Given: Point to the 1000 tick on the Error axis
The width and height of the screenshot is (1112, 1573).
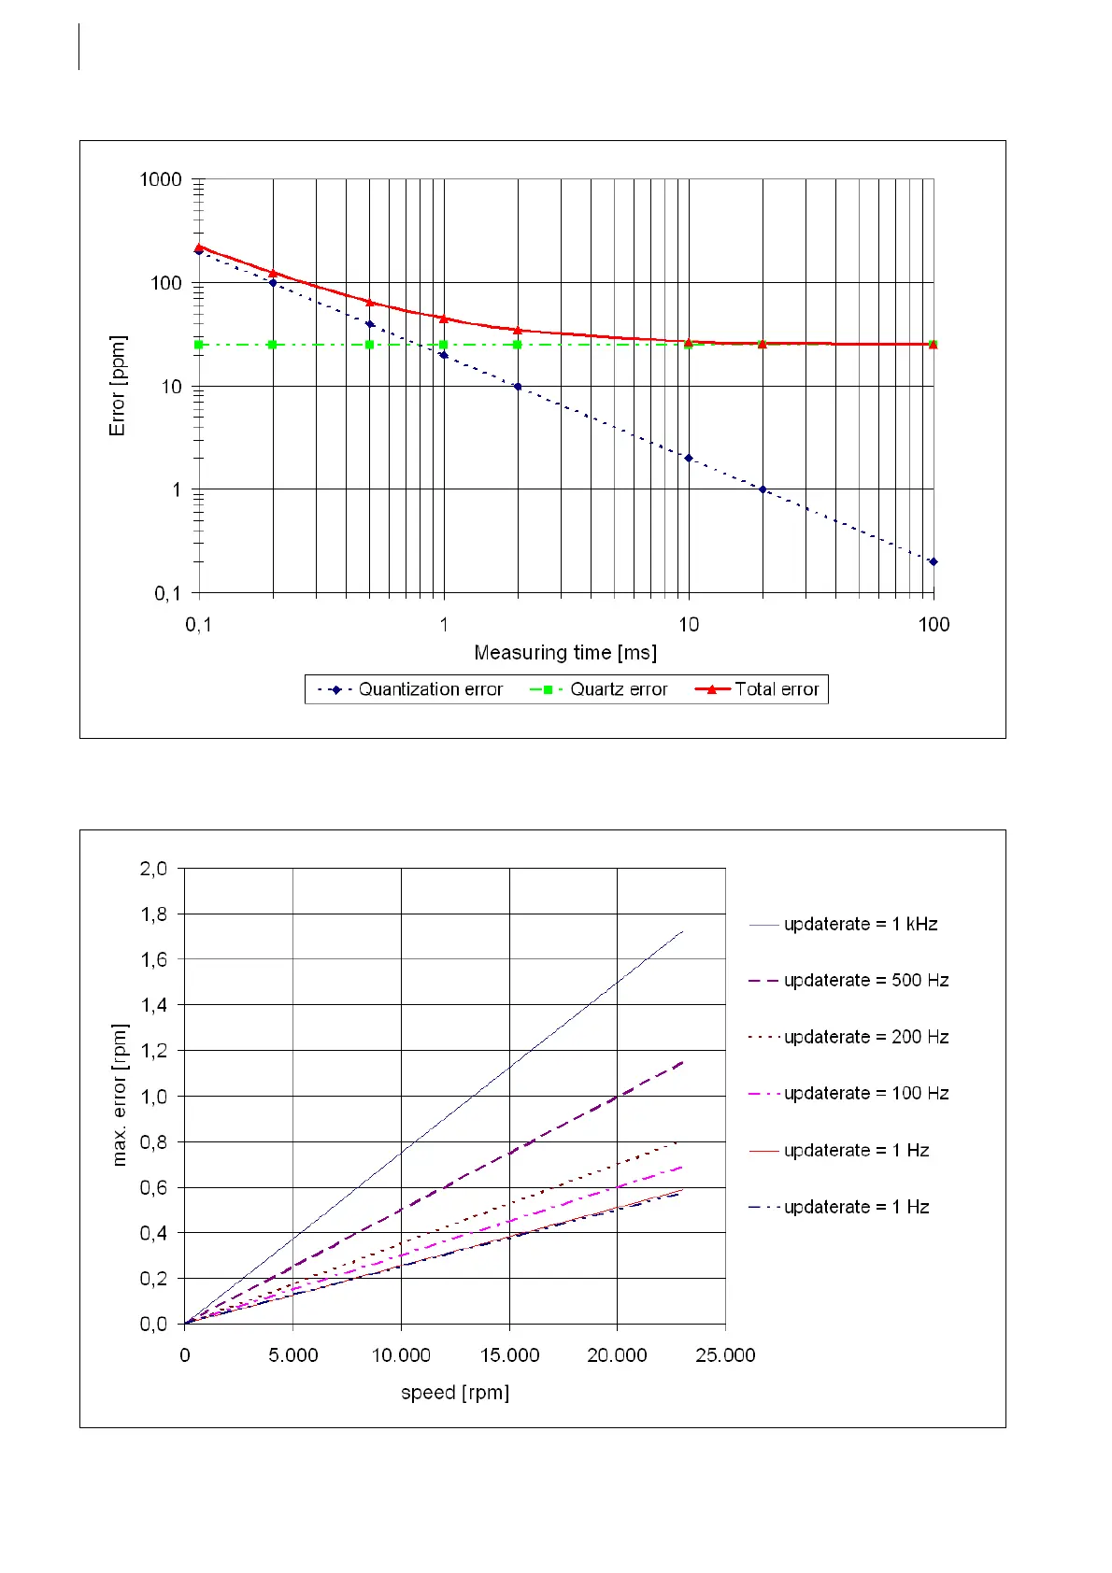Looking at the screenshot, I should click(x=161, y=179).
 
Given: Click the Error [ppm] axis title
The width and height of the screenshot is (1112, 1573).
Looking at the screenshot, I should click(x=117, y=386).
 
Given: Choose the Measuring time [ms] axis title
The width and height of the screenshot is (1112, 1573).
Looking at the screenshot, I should click(x=565, y=652).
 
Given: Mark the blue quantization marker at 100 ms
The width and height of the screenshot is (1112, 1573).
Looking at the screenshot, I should click(x=934, y=561).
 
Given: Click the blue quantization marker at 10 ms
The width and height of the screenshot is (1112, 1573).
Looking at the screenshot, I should click(x=689, y=458).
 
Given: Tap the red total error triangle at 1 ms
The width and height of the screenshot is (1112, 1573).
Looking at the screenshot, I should click(x=444, y=319).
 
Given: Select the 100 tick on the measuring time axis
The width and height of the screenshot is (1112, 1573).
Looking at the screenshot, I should click(x=934, y=624).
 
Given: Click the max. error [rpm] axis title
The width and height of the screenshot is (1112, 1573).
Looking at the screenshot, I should click(x=119, y=1096).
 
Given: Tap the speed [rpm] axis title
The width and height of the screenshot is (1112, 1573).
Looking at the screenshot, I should click(x=455, y=1392).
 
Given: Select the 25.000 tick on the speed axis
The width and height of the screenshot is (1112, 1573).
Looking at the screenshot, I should click(x=725, y=1355).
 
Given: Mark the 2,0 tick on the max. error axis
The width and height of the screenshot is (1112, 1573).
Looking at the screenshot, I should click(x=154, y=869).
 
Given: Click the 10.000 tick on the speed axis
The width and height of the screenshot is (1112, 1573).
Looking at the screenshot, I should click(x=401, y=1355).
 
